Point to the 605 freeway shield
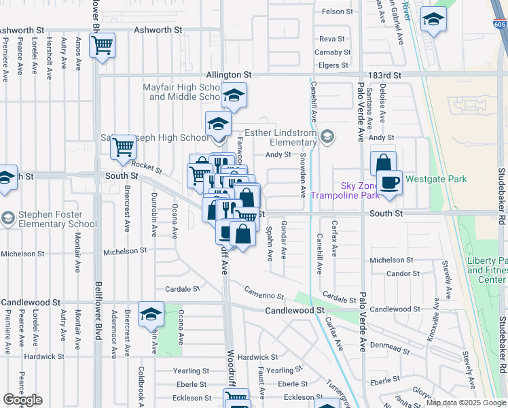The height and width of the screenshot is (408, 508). point(499,25)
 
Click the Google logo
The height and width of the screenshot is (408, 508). point(23,400)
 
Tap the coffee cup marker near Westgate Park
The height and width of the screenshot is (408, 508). point(390,183)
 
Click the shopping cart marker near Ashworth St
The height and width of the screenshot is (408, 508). point(103,46)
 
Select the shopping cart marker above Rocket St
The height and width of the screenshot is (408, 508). point(123,146)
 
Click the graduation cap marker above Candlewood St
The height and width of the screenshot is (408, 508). point(151,314)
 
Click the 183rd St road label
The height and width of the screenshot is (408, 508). point(386,75)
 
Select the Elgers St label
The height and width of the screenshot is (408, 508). point(333,66)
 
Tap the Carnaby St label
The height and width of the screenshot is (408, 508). point(333,52)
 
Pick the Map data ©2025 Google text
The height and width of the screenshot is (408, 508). point(465,402)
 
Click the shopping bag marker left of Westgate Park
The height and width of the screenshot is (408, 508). point(383,163)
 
